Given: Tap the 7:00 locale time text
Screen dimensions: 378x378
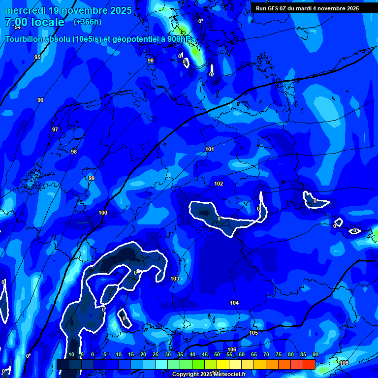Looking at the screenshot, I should pyautogui.click(x=34, y=22).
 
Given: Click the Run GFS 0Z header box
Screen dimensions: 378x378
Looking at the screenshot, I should pyautogui.click(x=308, y=8).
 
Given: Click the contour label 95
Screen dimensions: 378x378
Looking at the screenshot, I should pyautogui.click(x=37, y=58).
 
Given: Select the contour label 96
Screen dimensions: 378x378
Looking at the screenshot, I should pyautogui.click(x=40, y=100).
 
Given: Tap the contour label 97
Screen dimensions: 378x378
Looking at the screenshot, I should pyautogui.click(x=55, y=129).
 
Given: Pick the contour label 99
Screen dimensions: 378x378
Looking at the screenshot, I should pyautogui.click(x=92, y=178).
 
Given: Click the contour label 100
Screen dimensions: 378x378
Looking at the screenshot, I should pyautogui.click(x=103, y=213).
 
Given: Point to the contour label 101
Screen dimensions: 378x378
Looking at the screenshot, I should pyautogui.click(x=210, y=149).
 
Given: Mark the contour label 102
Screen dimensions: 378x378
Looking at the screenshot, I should pyautogui.click(x=219, y=184).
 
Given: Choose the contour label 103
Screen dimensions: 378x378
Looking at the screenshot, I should pyautogui.click(x=175, y=279).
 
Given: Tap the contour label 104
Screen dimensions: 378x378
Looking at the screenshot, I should pyautogui.click(x=234, y=303).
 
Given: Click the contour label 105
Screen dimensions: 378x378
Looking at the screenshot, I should pyautogui.click(x=253, y=333).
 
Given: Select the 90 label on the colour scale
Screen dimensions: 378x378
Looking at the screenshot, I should pyautogui.click(x=315, y=354).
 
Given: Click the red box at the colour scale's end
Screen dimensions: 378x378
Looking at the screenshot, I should pyautogui.click(x=309, y=364).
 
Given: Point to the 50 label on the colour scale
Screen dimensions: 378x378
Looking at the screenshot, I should pyautogui.click(x=217, y=354).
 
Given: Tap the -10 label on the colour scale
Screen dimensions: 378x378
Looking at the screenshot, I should pyautogui.click(x=70, y=354).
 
